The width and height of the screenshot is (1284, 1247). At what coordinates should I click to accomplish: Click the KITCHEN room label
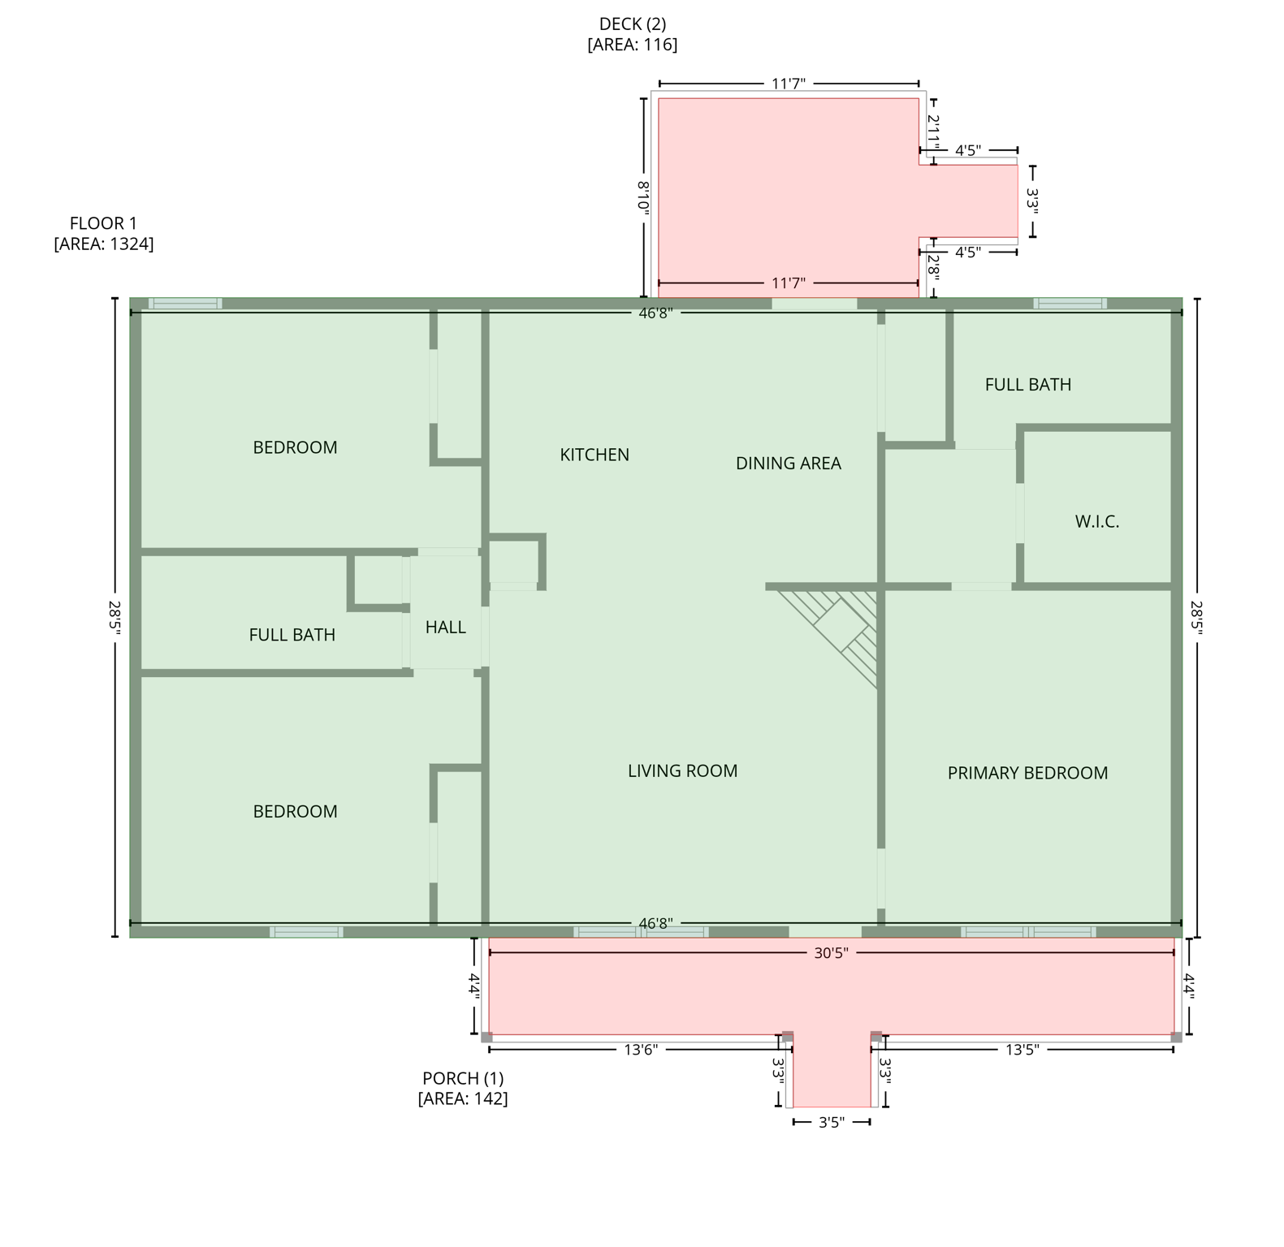[594, 455]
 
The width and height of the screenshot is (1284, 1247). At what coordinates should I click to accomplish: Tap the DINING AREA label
[788, 464]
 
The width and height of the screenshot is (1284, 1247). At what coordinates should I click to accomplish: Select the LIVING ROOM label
[682, 771]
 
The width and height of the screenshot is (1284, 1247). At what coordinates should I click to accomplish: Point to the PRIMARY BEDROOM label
[1027, 773]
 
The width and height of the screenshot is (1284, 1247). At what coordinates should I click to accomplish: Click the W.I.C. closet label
[1096, 522]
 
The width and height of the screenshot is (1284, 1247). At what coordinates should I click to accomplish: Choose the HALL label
[445, 628]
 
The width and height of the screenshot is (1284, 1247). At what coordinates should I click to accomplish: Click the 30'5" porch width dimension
[831, 953]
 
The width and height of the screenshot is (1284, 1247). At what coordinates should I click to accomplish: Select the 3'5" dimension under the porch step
[831, 1123]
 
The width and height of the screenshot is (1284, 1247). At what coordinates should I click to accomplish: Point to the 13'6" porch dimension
[640, 1050]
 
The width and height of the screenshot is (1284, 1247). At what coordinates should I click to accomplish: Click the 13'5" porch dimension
[1022, 1050]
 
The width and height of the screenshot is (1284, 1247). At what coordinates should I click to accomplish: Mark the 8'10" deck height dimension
[642, 196]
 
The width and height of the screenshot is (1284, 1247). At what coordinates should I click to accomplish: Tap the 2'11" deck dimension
[933, 132]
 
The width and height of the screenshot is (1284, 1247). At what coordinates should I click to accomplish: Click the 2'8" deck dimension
[933, 267]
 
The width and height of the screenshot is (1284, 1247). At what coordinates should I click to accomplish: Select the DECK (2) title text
[632, 24]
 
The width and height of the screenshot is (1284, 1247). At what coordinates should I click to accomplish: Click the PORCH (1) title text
[462, 1078]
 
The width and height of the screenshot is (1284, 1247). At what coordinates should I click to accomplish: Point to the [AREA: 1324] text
[103, 244]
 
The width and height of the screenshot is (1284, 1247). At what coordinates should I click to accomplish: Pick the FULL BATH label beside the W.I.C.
[1027, 385]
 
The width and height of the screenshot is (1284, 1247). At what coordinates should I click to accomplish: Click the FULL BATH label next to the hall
[292, 635]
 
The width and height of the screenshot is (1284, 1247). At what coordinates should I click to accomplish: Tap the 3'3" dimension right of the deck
[1032, 201]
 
